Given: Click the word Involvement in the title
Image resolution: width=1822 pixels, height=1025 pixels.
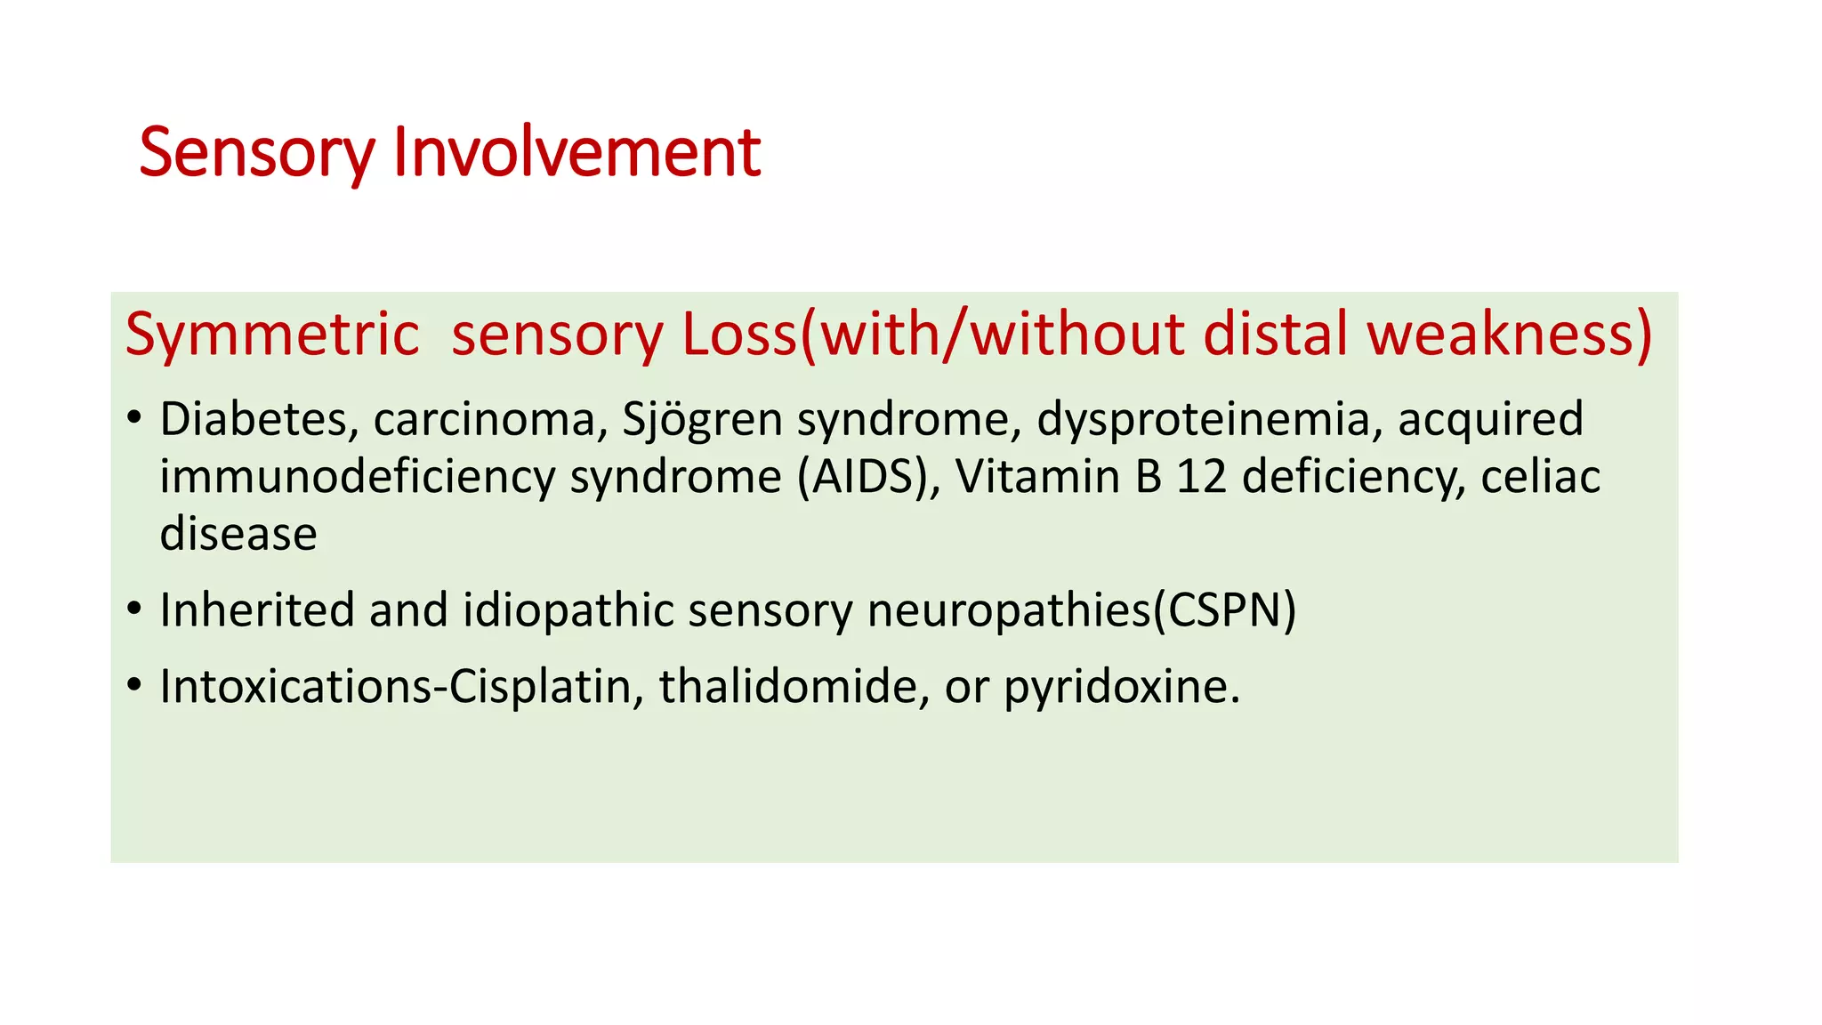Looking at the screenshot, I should (576, 153).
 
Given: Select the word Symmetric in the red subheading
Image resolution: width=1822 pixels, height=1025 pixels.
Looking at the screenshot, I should (272, 335).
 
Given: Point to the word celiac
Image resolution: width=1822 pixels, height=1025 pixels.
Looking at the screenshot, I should (1540, 477).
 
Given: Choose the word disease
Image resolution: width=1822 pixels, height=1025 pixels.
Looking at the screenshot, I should (238, 534).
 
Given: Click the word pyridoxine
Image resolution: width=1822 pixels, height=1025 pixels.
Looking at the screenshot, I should (1122, 686).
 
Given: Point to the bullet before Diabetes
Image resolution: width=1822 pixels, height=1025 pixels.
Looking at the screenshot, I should (134, 417).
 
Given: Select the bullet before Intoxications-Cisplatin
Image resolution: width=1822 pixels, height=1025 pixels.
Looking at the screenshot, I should (134, 685).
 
